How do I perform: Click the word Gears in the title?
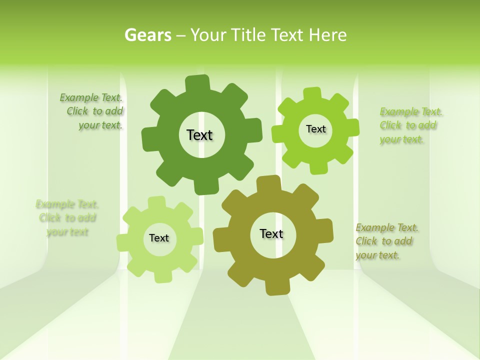(x=147, y=35)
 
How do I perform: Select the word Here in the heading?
(x=327, y=35)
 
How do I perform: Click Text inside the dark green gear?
(x=199, y=135)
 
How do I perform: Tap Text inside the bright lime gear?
(x=315, y=129)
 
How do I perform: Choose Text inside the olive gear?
(x=271, y=233)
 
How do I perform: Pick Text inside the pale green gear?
(x=159, y=238)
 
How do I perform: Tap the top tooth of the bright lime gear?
(x=312, y=93)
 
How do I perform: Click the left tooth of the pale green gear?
(x=123, y=243)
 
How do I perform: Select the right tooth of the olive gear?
(x=325, y=231)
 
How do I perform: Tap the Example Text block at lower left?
(x=67, y=218)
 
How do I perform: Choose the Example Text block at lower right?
(x=386, y=241)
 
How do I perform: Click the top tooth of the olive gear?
(x=268, y=183)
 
